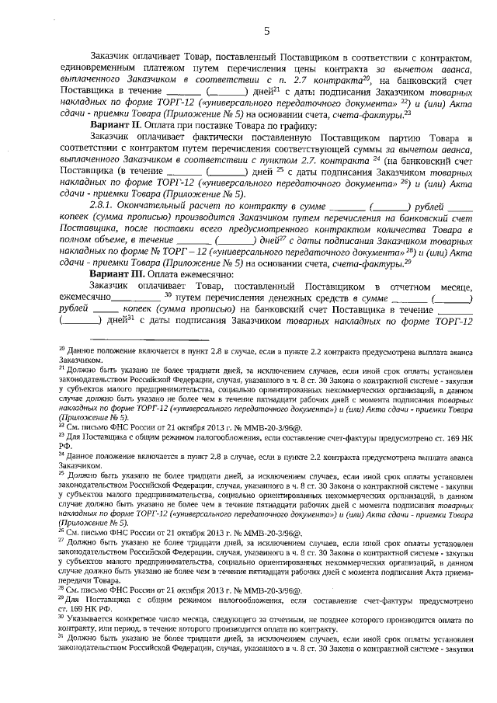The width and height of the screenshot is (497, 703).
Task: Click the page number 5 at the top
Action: pos(266,31)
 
